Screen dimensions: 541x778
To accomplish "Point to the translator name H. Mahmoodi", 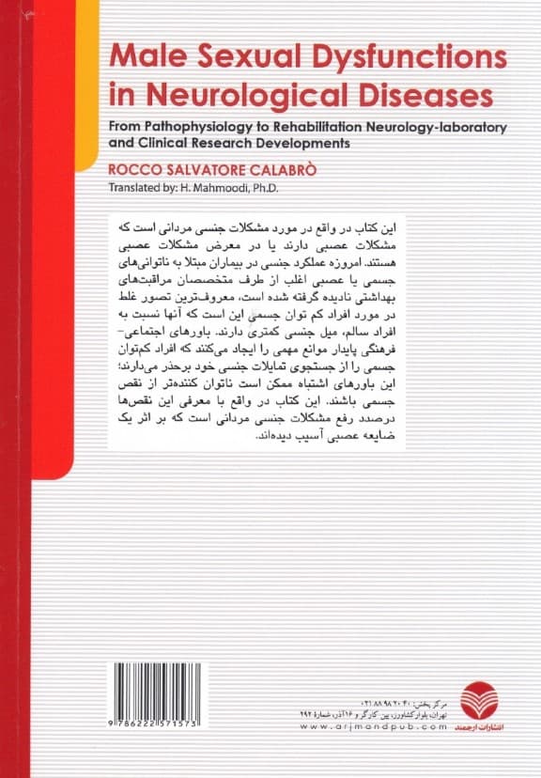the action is (x=215, y=188).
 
